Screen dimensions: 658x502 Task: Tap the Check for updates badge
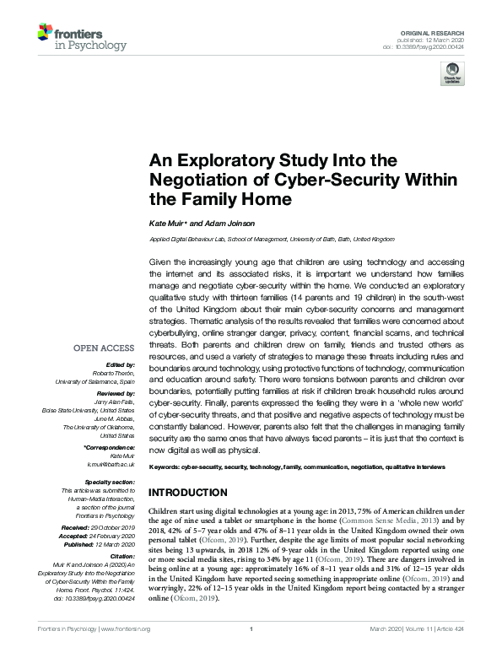(x=452, y=76)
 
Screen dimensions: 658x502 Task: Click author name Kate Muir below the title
(x=166, y=223)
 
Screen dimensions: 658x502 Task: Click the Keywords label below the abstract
(x=167, y=467)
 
